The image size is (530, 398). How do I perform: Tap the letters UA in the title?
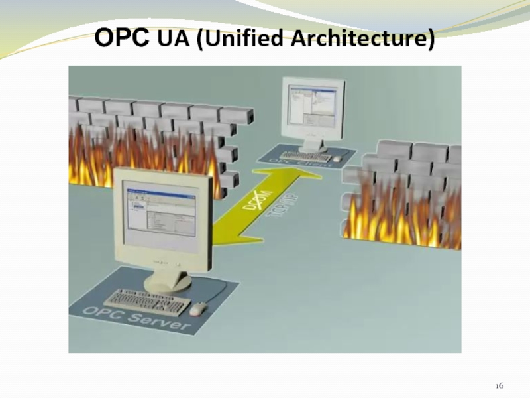(172, 39)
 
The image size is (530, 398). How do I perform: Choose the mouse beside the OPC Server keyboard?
(197, 308)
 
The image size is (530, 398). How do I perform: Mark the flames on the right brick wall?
(404, 212)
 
